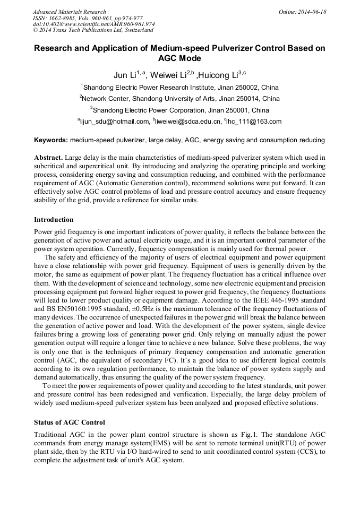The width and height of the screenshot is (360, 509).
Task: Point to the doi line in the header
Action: pyautogui.click(x=93, y=24)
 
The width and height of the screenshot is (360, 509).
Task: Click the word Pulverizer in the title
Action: pyautogui.click(x=241, y=48)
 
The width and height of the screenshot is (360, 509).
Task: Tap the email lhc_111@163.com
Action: pyautogui.click(x=254, y=122)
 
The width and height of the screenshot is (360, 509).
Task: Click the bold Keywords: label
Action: pyautogui.click(x=51, y=140)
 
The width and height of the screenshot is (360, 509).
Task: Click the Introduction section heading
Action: pyautogui.click(x=54, y=220)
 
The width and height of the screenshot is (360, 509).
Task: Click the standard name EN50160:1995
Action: pyautogui.click(x=68, y=309)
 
